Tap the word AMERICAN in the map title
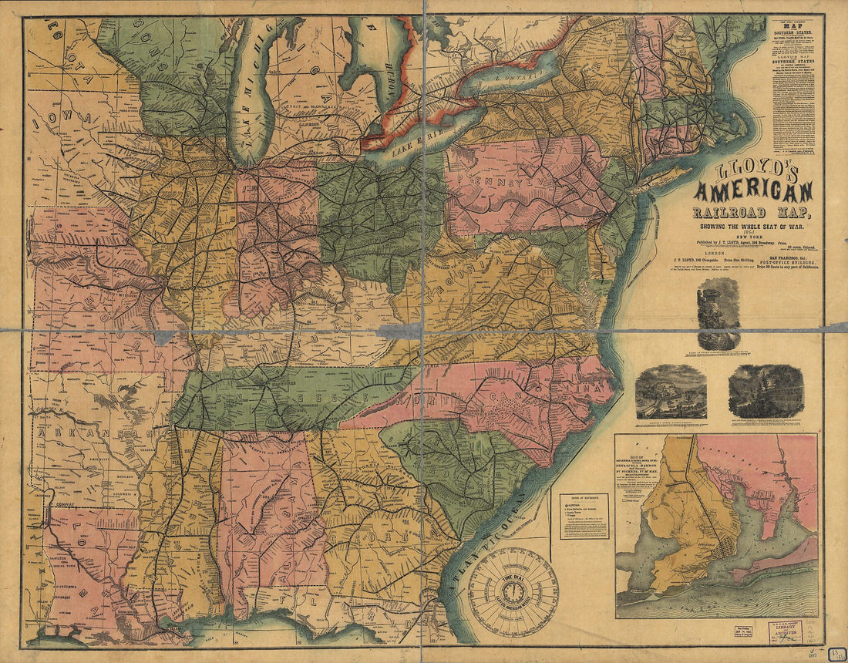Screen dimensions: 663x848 point(754,190)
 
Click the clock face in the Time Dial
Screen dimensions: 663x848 point(513,591)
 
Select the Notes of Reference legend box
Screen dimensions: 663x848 point(584,516)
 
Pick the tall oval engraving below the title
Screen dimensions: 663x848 point(718,313)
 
